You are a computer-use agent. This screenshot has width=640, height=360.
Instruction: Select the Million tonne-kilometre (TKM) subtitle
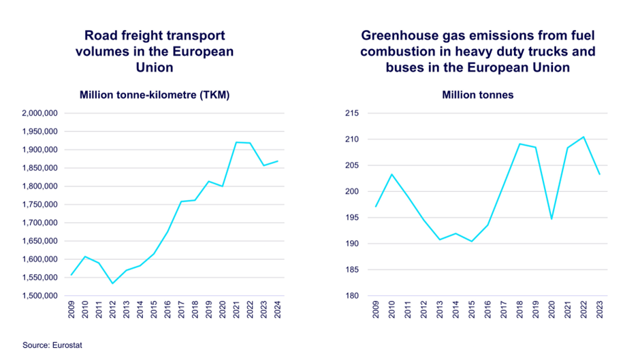[155, 95]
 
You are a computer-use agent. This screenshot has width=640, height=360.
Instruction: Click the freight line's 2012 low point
[113, 283]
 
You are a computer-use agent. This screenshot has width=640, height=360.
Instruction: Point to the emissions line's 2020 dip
[551, 218]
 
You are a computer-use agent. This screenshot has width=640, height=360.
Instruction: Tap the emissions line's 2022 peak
[584, 137]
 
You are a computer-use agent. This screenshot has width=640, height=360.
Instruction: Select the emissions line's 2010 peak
[391, 174]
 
